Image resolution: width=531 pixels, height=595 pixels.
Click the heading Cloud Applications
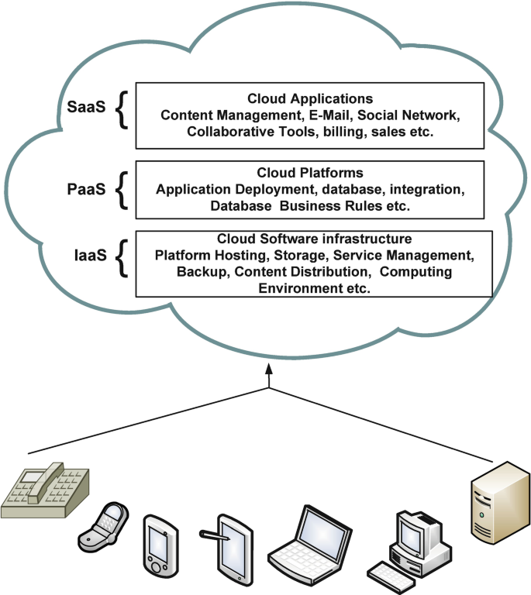tap(310, 99)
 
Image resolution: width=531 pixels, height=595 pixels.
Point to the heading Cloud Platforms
tap(310, 173)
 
